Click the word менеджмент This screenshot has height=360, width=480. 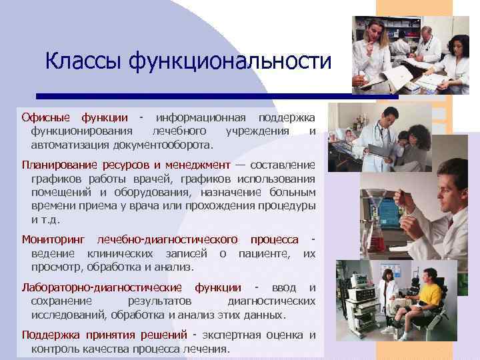[195, 165]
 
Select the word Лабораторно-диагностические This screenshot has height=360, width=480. [102, 288]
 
